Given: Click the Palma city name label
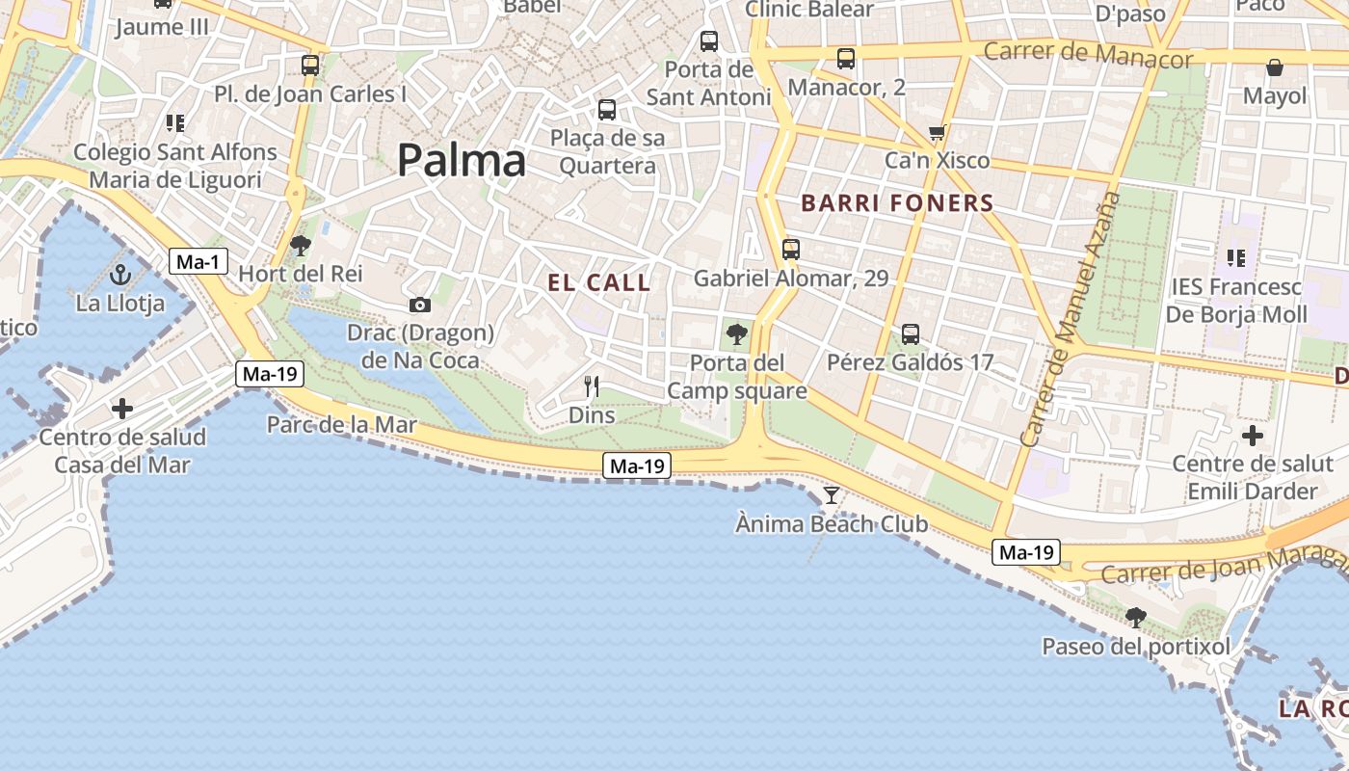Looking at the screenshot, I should [x=462, y=160].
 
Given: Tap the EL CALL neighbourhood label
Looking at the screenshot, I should [x=599, y=283].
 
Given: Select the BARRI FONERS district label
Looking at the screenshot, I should [x=897, y=203].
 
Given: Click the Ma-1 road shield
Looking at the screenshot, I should [x=198, y=261].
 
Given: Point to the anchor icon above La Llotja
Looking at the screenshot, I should [x=120, y=276].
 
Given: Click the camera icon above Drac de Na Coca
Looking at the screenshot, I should [x=420, y=306].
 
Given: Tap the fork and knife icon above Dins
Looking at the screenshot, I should [x=592, y=387].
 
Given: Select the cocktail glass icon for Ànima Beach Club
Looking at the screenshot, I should [x=832, y=495].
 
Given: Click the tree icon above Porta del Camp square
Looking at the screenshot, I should [x=737, y=335].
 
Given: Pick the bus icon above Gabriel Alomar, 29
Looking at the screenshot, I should [x=791, y=250].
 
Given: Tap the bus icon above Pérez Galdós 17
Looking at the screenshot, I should [x=911, y=334].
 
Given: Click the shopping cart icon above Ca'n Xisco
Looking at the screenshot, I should [x=937, y=132].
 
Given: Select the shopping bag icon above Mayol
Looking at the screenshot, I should [x=1275, y=67].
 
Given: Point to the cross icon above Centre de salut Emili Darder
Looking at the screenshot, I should [x=1253, y=436].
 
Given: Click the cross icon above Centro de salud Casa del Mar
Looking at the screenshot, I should [x=122, y=409].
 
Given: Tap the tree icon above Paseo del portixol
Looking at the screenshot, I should [x=1136, y=617].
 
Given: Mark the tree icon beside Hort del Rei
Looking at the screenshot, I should [x=301, y=246].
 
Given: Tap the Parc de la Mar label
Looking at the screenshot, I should [x=342, y=425].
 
